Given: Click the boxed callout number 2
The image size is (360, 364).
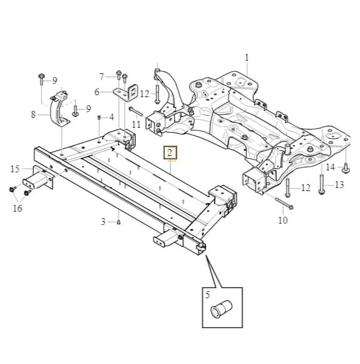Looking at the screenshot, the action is (170, 153).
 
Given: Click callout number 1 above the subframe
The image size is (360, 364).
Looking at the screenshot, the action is (247, 58).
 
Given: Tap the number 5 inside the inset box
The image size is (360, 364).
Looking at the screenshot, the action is (207, 295).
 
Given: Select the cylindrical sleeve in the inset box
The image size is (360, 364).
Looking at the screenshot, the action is (221, 309).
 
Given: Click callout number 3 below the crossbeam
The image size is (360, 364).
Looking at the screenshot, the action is (103, 222).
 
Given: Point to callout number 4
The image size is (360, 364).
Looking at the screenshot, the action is (112, 117).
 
